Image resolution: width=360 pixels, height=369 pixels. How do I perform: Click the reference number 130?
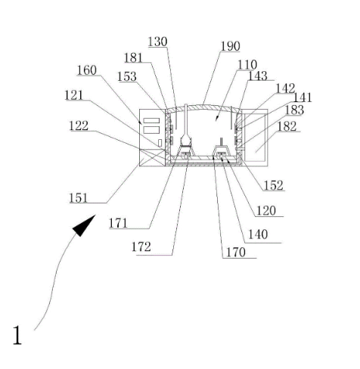point(157,42)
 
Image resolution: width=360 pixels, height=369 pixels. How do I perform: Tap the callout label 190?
point(230,46)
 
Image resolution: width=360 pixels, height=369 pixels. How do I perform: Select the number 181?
point(133,58)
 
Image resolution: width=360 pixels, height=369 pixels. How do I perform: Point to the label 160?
point(87,70)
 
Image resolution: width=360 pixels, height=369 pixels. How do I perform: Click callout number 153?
point(127,76)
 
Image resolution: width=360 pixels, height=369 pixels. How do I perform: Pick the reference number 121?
point(74,95)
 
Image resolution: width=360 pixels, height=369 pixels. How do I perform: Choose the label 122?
point(79,126)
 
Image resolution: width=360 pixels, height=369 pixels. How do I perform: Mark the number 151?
point(79,198)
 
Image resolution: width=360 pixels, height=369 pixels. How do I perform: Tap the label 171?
point(118,223)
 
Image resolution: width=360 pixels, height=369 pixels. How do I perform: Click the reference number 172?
point(141,247)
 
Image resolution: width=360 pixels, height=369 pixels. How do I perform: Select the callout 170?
point(236,253)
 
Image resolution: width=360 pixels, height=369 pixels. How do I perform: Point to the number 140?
point(258,234)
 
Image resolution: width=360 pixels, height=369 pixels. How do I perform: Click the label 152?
point(274,185)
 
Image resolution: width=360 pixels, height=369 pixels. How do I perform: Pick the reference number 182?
point(287,126)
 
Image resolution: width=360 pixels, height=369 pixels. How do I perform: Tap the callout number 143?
point(258,76)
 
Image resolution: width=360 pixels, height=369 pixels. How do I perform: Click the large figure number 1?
point(17,335)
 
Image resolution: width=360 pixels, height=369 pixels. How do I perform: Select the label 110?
point(247,65)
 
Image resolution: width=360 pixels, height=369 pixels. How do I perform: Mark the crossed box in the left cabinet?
point(152,157)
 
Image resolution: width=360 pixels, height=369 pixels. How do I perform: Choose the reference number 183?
point(294,110)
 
